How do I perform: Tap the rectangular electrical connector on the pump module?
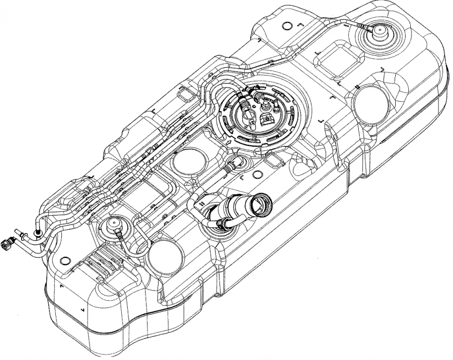[x=267, y=119]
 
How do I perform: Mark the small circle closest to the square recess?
[x=287, y=25]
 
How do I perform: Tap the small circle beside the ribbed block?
[x=64, y=260]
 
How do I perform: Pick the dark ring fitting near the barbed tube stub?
[x=38, y=232]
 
